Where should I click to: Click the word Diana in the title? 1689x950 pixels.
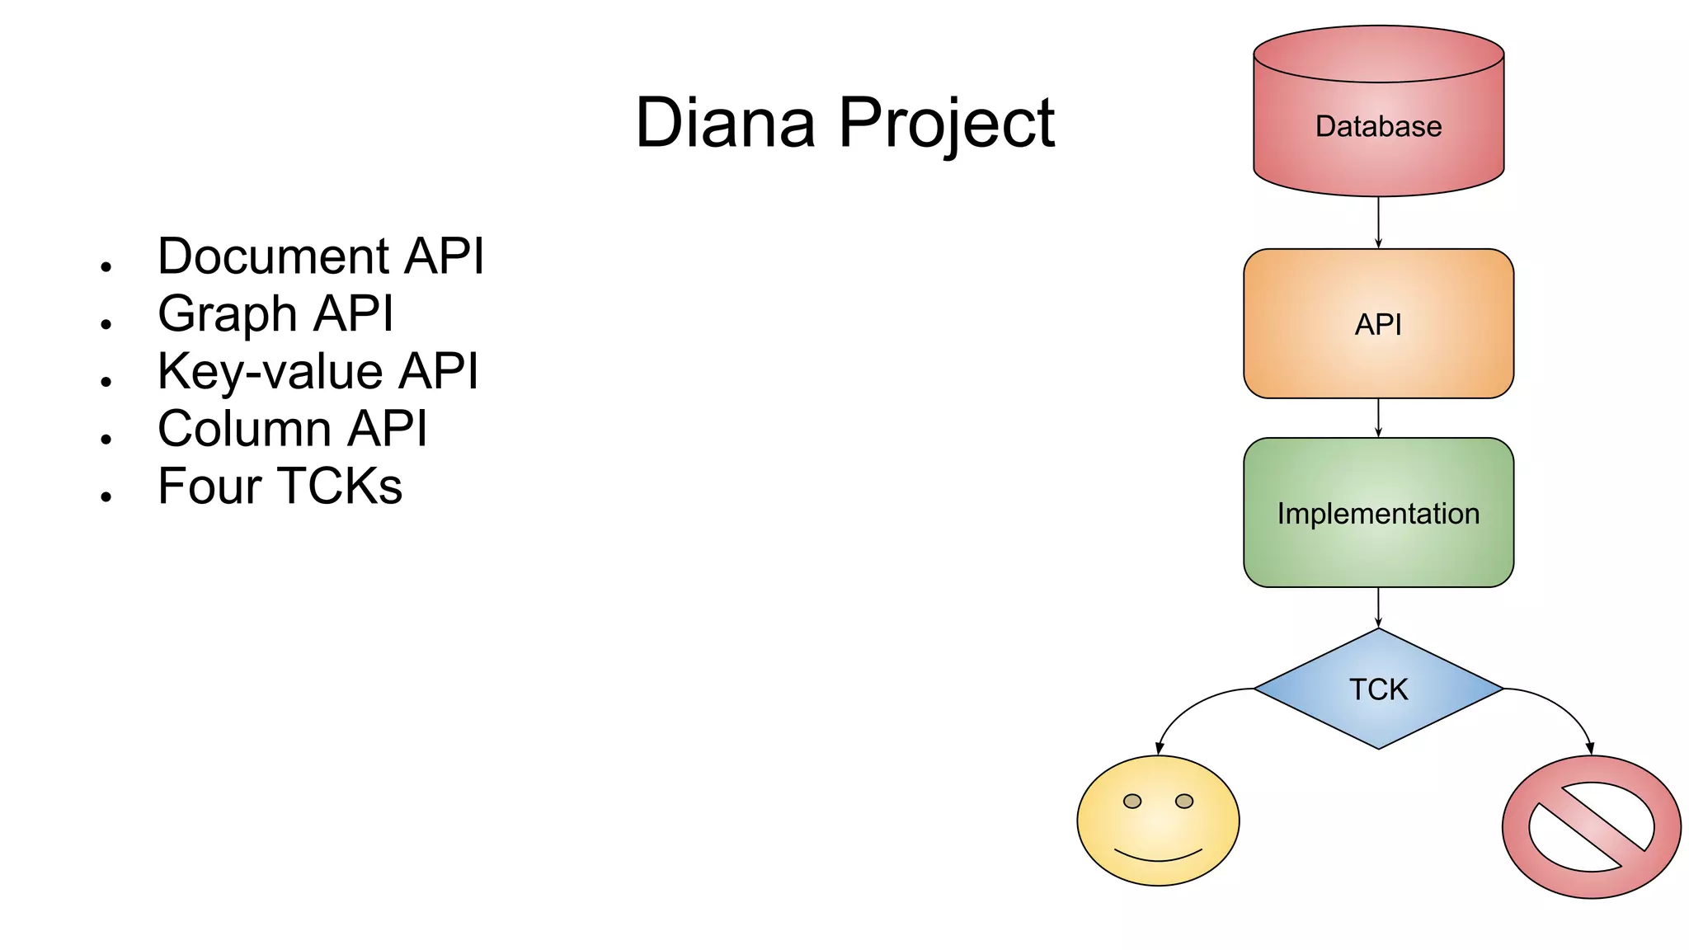pos(725,124)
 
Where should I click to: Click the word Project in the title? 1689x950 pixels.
pos(946,124)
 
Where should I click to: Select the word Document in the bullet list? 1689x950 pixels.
pos(273,256)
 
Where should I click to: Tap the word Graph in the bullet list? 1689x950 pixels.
pos(228,314)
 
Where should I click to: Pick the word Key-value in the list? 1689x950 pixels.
pos(270,372)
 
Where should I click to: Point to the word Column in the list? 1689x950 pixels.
pos(245,429)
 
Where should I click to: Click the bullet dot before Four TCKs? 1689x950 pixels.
pos(106,496)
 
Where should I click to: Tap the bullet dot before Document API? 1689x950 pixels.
pos(106,266)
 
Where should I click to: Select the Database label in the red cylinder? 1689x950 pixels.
pos(1378,127)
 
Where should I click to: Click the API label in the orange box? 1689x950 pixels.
pos(1378,325)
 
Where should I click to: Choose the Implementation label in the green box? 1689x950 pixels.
pos(1378,514)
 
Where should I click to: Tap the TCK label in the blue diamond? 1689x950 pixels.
pos(1378,689)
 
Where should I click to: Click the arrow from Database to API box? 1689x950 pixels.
pos(1378,223)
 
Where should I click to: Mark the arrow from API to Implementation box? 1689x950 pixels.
pos(1378,418)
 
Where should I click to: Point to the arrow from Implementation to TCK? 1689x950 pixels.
pos(1378,608)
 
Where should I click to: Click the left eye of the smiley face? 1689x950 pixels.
pos(1132,802)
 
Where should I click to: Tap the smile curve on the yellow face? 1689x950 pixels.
pos(1158,857)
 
